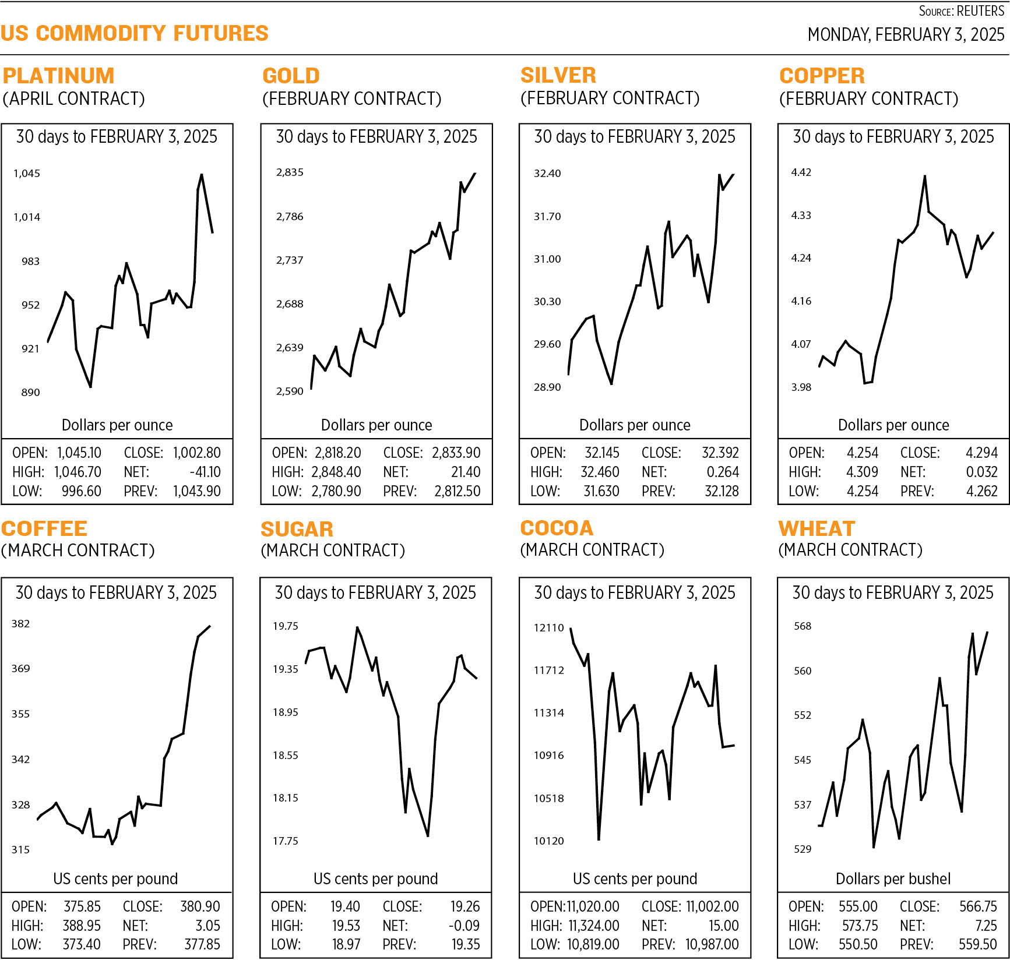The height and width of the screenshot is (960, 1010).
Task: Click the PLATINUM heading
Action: coord(58,76)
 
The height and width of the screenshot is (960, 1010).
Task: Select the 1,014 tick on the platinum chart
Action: coord(27,217)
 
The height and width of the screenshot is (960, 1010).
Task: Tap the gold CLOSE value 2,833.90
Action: coord(456,453)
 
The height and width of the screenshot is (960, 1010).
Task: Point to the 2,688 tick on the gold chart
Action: coord(290,304)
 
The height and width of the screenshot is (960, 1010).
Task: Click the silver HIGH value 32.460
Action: coord(600,472)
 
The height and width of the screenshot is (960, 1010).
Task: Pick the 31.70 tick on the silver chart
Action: coord(547,217)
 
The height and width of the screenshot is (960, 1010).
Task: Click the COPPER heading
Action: coord(822,76)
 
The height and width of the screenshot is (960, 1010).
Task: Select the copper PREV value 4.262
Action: coord(981,492)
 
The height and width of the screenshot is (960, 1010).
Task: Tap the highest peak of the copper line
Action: coord(925,176)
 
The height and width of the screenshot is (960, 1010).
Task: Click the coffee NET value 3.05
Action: coord(207,926)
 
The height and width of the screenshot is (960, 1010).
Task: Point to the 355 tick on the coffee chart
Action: coord(20,714)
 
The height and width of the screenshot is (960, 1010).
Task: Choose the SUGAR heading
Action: coord(297,530)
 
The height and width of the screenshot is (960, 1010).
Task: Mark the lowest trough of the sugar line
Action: coord(428,836)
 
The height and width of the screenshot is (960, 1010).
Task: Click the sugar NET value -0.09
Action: coord(464,926)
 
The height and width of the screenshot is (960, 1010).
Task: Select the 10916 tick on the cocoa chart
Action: coord(549,756)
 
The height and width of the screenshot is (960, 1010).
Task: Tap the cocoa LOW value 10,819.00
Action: coord(593,945)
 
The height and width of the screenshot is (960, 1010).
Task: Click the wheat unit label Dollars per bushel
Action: coord(893,879)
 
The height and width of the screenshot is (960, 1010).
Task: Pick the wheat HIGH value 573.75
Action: coord(860,926)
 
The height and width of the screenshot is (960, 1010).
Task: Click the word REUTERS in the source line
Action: coord(980,11)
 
